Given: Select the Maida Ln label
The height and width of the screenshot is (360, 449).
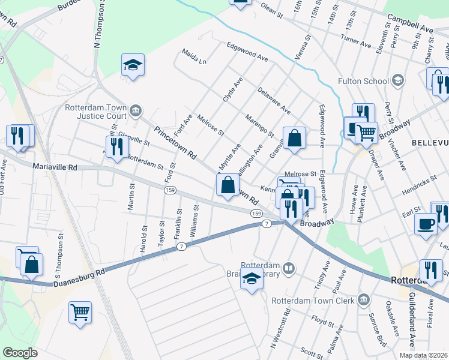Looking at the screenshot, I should pyautogui.click(x=194, y=60).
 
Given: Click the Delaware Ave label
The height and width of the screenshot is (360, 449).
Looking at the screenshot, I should pyautogui.click(x=274, y=101).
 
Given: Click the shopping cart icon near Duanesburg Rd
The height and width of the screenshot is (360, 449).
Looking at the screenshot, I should pyautogui.click(x=80, y=312).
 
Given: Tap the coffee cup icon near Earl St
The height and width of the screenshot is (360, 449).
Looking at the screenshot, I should pyautogui.click(x=426, y=223).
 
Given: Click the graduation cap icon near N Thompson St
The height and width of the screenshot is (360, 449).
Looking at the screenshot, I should pyautogui.click(x=133, y=65).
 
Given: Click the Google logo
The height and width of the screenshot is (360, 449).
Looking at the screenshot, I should pyautogui.click(x=20, y=353).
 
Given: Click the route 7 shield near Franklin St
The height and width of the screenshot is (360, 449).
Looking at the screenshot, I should pyautogui.click(x=181, y=247).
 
